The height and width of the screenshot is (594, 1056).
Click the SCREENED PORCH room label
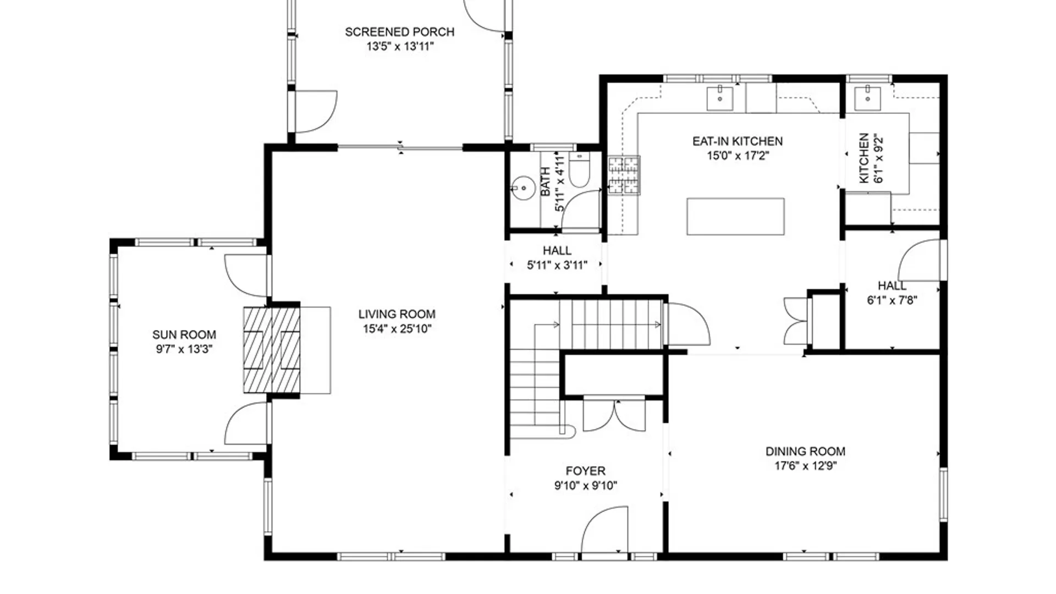(400, 32)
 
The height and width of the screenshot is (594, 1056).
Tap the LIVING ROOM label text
(397, 314)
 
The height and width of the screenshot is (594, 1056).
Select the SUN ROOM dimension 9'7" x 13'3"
(184, 349)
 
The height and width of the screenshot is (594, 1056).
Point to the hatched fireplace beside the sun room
(272, 350)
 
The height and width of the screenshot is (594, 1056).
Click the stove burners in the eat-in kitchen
(624, 175)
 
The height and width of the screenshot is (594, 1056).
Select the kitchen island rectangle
(735, 216)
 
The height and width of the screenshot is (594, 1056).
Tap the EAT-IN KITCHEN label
(737, 141)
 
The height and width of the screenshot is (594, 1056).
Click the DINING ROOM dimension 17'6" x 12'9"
(805, 466)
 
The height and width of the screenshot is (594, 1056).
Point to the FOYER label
(585, 471)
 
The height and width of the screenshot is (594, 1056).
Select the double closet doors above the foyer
(614, 415)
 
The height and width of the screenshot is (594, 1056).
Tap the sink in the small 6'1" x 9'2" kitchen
(867, 98)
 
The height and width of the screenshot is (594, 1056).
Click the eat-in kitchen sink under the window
(719, 98)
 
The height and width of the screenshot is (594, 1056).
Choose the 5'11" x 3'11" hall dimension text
(557, 265)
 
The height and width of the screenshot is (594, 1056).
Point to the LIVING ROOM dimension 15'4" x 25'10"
(397, 329)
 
